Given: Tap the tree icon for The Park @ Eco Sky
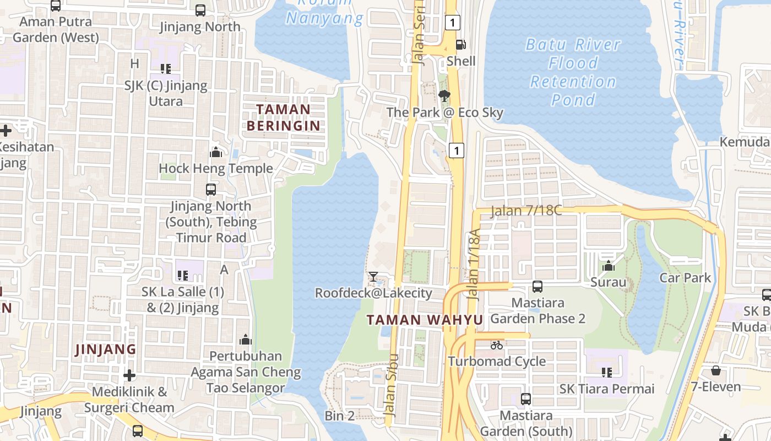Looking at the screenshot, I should [x=444, y=96].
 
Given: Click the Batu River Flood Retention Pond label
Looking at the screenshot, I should [x=573, y=72].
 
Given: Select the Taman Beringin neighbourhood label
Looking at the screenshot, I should [x=283, y=117].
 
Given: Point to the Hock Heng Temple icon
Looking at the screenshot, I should [x=216, y=152].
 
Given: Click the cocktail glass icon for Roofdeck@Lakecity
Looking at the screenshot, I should [x=373, y=276].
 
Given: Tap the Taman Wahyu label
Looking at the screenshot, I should [x=425, y=320].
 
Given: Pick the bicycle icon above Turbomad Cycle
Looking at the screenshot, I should [x=497, y=345].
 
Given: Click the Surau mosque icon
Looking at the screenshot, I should [x=609, y=266].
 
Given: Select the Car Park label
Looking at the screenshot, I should [x=685, y=277].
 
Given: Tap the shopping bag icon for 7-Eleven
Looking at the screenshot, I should [x=715, y=370].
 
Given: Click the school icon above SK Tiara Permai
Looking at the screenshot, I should [x=607, y=373].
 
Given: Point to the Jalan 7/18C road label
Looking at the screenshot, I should [x=525, y=211].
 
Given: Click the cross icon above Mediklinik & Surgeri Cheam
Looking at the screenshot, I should [x=129, y=375].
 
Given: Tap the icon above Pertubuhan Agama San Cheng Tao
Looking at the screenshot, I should [x=246, y=340].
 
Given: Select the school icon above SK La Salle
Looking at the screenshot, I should [x=183, y=275].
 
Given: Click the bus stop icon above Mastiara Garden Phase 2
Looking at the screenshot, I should [x=537, y=287].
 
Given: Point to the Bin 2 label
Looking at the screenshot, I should [x=340, y=416].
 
